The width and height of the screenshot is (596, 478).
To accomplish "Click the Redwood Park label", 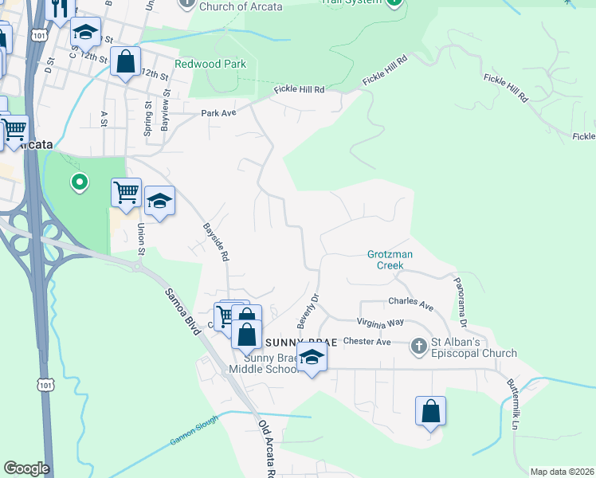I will (210, 64).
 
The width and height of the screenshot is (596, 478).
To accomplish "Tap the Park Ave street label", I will (219, 113).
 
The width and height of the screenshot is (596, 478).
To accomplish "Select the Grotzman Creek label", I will (390, 260).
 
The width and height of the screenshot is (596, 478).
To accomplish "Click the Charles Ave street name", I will (410, 304).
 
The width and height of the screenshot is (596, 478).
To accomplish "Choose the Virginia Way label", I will (381, 323).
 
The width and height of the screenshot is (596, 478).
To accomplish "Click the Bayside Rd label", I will (215, 243).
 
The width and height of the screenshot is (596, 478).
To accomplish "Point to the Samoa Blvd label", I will (182, 307).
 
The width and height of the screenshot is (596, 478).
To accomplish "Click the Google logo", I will (26, 468).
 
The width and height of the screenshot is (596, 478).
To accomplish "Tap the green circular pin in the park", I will (79, 183).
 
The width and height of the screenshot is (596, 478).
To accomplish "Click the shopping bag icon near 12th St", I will (126, 61).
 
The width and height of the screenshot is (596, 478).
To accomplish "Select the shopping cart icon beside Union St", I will (126, 192).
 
